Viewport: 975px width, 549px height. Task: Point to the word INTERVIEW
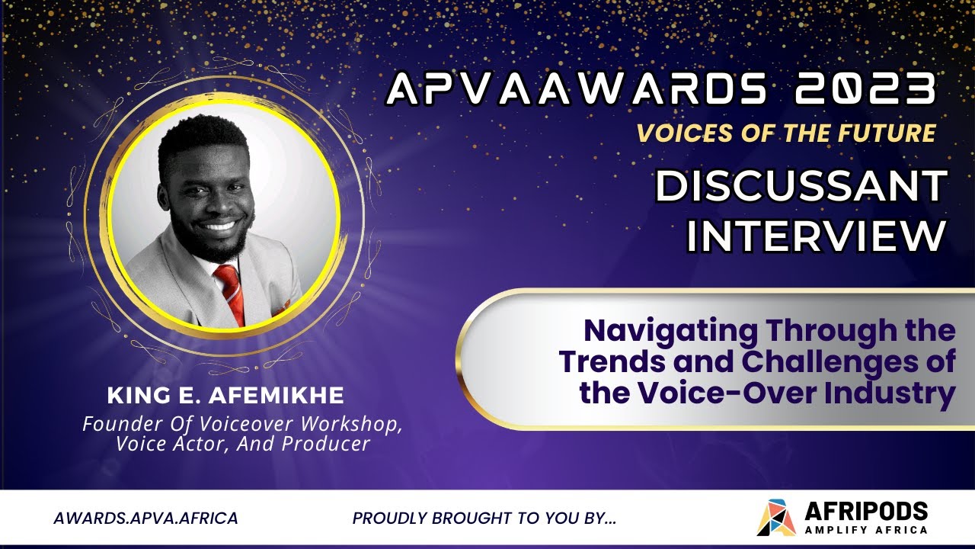(x=816, y=236)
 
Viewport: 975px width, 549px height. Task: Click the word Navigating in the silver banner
(x=670, y=331)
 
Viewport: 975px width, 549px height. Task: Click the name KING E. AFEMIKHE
(x=225, y=396)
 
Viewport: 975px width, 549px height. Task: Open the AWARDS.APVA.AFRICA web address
(x=145, y=518)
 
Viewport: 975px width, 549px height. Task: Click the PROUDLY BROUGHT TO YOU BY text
(x=484, y=518)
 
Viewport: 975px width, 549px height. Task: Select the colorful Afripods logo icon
(x=775, y=518)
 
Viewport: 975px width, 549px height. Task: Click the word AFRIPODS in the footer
(x=865, y=511)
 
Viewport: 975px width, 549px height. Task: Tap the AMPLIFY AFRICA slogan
(x=865, y=530)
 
